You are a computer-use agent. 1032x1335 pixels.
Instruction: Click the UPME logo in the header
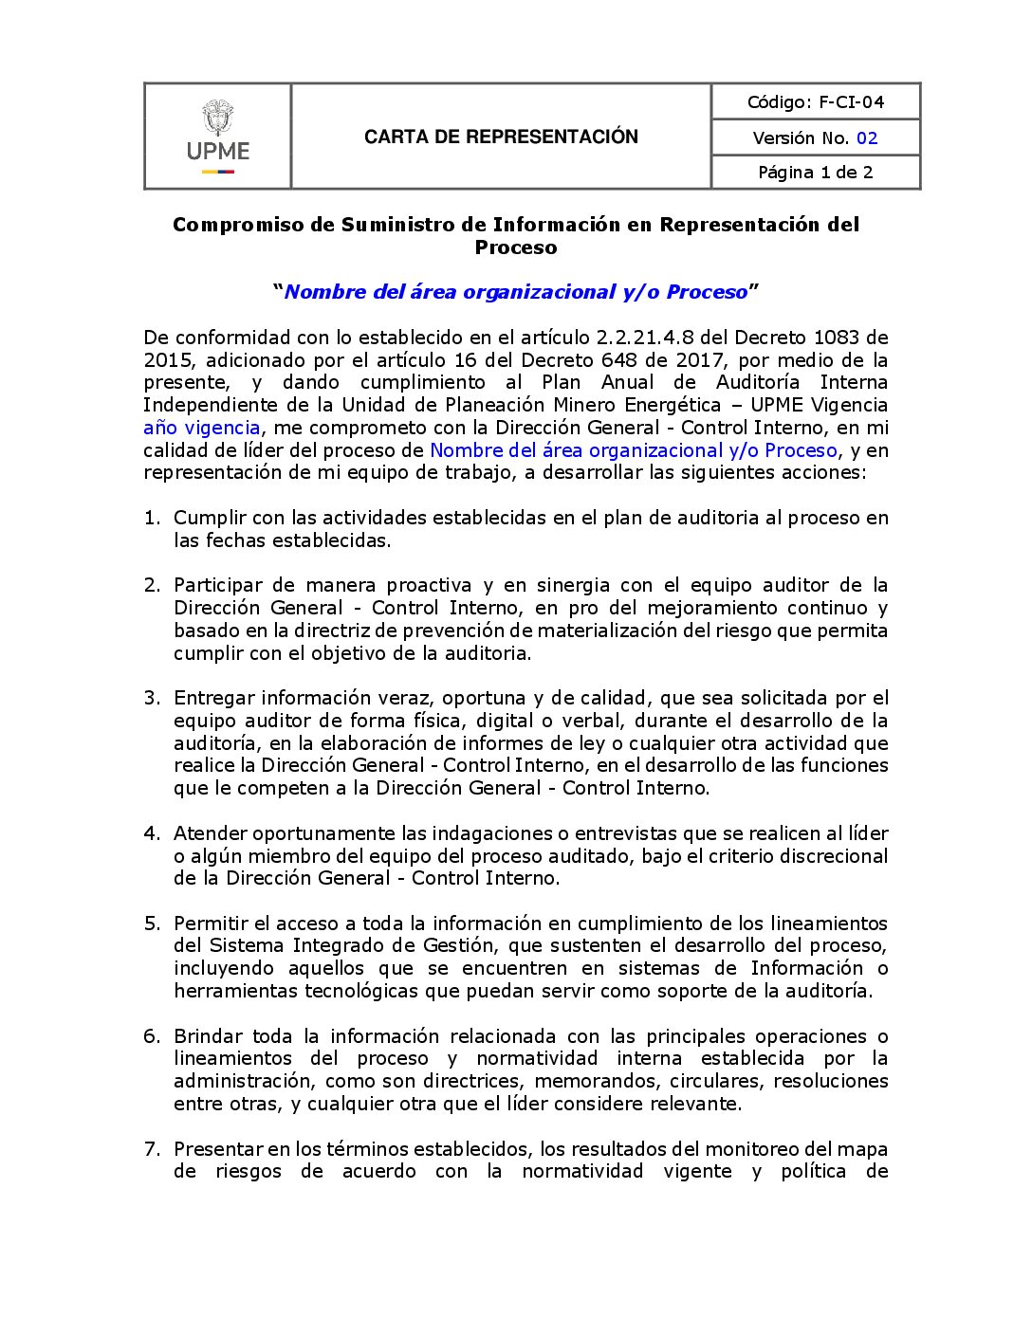click(218, 137)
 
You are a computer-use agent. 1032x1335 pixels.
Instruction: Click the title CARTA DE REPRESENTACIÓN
click(501, 137)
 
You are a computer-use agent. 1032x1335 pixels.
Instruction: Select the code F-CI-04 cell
click(816, 101)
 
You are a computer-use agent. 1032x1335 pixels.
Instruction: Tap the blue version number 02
click(867, 138)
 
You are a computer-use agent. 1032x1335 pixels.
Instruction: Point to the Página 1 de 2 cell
click(816, 173)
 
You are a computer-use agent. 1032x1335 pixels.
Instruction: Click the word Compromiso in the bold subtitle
click(229, 225)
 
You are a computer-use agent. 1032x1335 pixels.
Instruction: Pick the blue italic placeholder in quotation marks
click(516, 292)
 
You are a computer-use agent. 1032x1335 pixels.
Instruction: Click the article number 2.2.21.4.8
click(644, 338)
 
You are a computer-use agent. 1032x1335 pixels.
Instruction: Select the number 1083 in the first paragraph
click(836, 338)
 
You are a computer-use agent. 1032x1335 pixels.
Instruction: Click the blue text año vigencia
click(201, 428)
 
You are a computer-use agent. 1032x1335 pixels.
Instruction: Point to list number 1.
click(152, 518)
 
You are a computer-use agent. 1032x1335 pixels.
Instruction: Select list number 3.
click(152, 699)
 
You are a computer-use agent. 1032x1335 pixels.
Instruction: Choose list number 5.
click(152, 924)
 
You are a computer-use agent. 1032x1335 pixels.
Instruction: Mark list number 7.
click(152, 1149)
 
